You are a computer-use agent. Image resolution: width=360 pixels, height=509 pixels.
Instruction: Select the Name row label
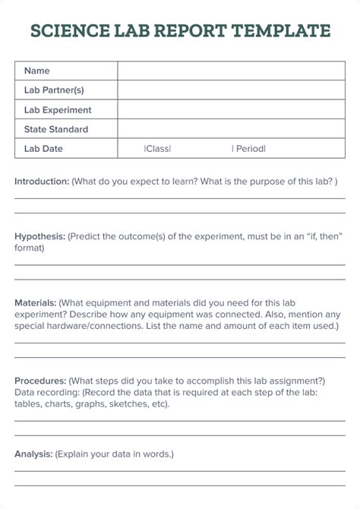(x=36, y=71)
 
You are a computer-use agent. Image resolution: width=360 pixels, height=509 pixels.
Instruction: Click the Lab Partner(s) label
(x=54, y=90)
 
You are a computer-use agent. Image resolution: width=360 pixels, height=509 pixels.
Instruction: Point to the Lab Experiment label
(x=58, y=110)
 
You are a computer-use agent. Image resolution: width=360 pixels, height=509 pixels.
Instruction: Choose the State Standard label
(x=56, y=130)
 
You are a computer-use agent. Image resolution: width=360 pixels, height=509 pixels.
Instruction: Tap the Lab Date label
(x=43, y=149)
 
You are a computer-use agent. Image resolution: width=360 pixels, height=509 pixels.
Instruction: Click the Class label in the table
(x=157, y=149)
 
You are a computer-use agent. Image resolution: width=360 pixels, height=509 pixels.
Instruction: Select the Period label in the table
(x=248, y=149)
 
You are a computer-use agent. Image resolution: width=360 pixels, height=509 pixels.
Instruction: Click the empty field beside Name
(x=231, y=71)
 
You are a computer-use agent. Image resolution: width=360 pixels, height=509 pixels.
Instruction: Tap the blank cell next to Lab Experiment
(x=231, y=110)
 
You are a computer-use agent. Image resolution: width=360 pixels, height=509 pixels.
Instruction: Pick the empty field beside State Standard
(x=231, y=130)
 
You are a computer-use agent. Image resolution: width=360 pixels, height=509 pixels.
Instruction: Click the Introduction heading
(x=42, y=182)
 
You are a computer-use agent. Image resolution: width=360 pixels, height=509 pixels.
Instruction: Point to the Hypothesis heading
(x=39, y=236)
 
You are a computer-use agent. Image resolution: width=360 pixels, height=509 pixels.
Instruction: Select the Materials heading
(x=35, y=302)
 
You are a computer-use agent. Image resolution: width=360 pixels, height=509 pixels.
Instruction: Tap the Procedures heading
(x=40, y=381)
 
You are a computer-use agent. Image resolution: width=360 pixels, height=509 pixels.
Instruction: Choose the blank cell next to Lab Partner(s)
(x=231, y=90)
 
